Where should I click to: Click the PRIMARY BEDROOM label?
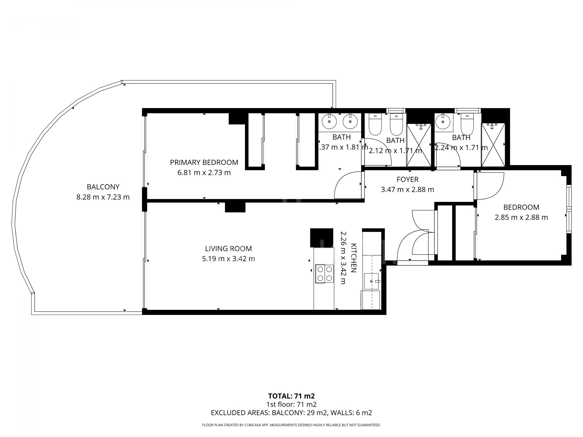[x=204, y=162]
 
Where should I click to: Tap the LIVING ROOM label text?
[x=228, y=249]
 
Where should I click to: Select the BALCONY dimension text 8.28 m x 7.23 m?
[x=103, y=197]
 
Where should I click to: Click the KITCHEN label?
[x=353, y=258]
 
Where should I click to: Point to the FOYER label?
[x=407, y=179]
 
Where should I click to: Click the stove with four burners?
[x=324, y=274]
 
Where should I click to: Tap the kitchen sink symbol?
[x=372, y=281]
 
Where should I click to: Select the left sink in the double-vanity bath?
[x=329, y=122]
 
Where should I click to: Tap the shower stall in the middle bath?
[x=419, y=145]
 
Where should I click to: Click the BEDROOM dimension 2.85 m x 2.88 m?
[x=521, y=217]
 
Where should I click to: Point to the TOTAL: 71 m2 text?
[x=291, y=396]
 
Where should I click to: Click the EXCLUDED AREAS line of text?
[x=291, y=413]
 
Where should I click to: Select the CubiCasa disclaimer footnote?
[x=291, y=425]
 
